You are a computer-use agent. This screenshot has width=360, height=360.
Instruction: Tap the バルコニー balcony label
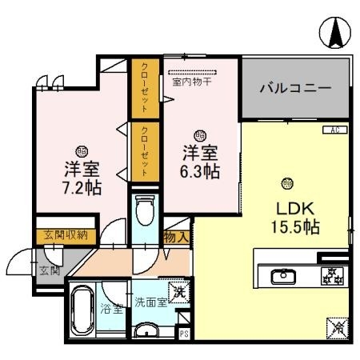[295, 88]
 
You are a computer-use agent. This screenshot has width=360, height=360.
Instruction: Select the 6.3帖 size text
[199, 170]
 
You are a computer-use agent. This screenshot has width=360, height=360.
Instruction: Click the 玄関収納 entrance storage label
[66, 235]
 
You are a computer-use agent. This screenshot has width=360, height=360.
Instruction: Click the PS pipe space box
[184, 335]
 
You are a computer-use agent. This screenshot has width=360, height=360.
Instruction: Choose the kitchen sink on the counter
[284, 277]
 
